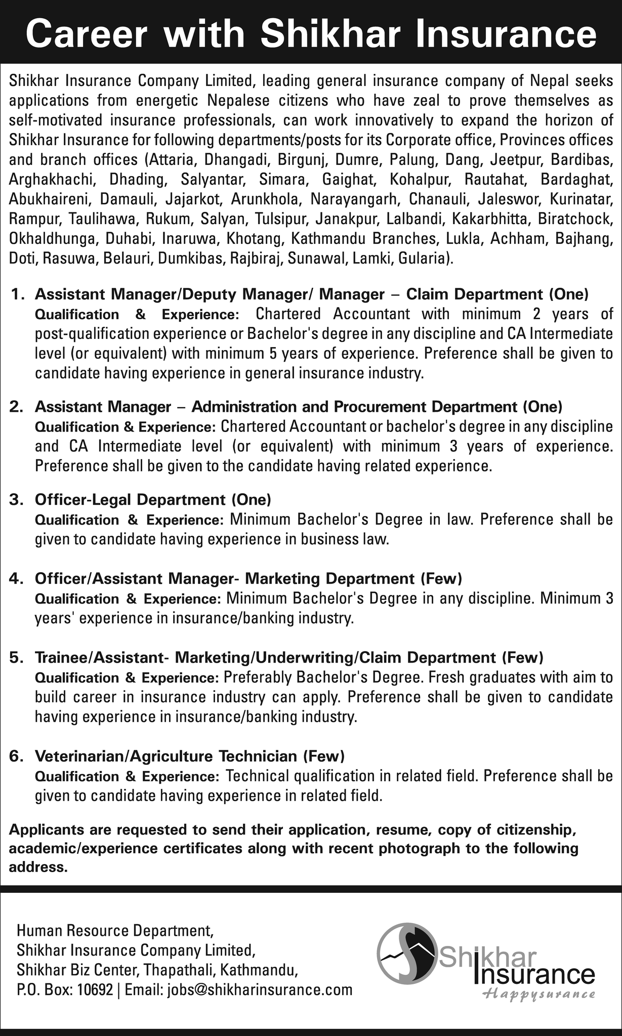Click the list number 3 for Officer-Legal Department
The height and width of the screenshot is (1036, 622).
point(17,500)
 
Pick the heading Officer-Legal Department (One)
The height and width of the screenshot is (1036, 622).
point(153,500)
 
